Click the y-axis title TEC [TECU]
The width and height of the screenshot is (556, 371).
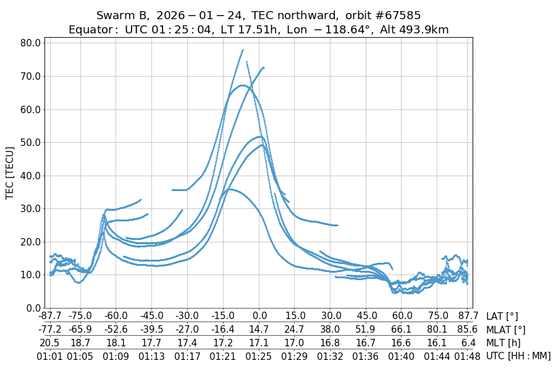(10, 173)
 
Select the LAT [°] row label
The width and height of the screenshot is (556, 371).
(502, 317)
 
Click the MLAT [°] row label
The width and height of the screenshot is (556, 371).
(507, 330)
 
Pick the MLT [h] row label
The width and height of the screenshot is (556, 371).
(503, 343)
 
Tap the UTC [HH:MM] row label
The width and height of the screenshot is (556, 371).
(518, 356)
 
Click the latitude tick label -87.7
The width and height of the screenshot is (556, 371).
(49, 317)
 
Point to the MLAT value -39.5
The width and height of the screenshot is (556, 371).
(151, 330)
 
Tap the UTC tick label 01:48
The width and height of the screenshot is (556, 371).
(468, 356)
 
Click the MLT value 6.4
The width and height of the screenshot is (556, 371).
(468, 343)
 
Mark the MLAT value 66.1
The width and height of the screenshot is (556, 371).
(402, 330)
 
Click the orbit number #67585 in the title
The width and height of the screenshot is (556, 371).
(390, 15)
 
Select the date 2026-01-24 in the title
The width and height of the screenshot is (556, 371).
(183, 15)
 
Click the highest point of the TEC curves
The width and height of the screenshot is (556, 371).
(243, 50)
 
